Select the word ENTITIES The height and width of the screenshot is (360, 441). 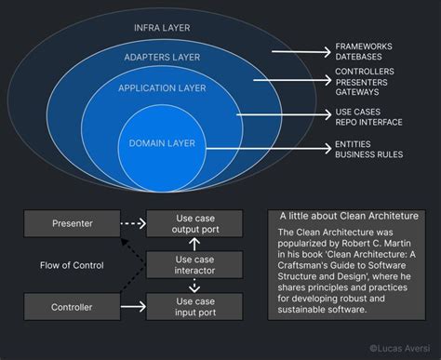[354, 145]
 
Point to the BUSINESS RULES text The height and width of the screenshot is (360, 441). [369, 155]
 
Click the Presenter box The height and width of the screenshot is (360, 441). [73, 223]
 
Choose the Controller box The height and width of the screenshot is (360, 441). [73, 304]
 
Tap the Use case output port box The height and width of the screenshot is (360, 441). [196, 223]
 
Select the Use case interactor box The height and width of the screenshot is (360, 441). [196, 263]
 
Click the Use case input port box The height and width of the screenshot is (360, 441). [196, 304]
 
